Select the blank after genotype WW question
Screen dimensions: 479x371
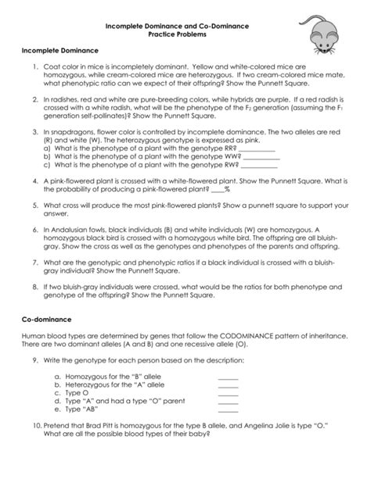pyautogui.click(x=263, y=156)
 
